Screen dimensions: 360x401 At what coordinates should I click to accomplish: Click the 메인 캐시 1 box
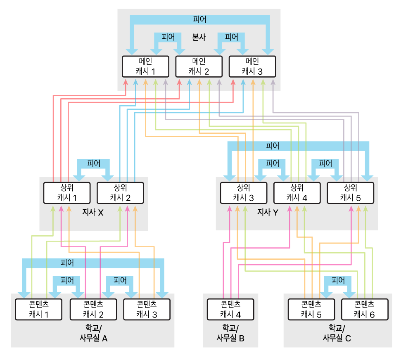[146, 66]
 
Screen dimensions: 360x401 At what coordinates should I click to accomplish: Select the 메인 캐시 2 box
[199, 66]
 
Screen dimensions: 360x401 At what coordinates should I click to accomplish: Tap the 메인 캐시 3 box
[252, 66]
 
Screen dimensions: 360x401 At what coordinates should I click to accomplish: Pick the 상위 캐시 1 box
[67, 192]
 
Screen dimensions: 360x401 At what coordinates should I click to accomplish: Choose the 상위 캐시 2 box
[120, 192]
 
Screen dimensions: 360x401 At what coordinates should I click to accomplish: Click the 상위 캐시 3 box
[243, 192]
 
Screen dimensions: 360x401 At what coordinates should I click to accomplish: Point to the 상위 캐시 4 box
[297, 192]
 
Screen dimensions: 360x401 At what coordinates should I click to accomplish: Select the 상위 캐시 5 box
[350, 192]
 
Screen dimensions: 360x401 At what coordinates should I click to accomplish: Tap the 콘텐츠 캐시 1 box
[38, 309]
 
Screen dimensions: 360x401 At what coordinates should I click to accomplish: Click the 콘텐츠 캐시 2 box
[93, 309]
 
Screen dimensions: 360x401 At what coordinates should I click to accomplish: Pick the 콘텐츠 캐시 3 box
[147, 309]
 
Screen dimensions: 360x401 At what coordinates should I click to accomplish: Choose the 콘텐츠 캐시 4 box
[230, 309]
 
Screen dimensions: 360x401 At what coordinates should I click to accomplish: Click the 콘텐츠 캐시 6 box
[365, 309]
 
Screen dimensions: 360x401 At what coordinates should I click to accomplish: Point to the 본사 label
[199, 37]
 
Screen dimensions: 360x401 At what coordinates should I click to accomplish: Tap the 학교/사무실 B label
[230, 333]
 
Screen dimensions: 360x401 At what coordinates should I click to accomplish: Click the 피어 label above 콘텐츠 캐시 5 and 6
[338, 280]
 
